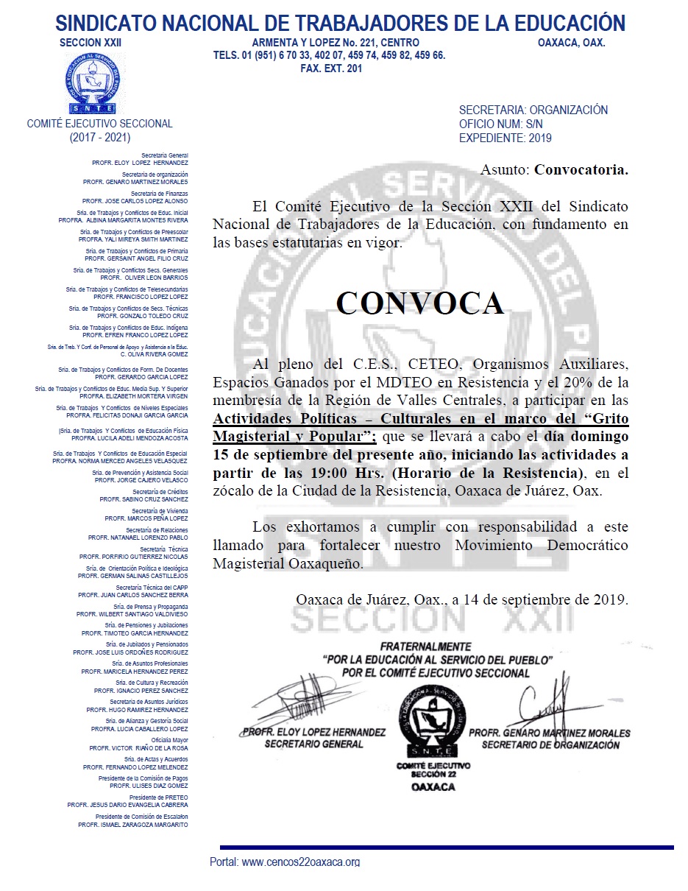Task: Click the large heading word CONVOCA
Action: tap(420, 303)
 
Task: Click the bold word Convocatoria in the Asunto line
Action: tap(581, 170)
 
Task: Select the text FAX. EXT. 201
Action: tap(331, 68)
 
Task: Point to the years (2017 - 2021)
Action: tap(99, 137)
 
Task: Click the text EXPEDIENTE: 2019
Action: tap(505, 138)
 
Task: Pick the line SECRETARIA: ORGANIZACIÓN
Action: tap(533, 110)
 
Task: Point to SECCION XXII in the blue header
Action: tap(91, 43)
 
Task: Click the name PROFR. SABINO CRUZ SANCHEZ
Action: tap(143, 499)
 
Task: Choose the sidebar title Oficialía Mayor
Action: tap(169, 740)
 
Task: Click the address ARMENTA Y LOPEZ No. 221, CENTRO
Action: tap(336, 43)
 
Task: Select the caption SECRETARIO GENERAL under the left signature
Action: tap(313, 744)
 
